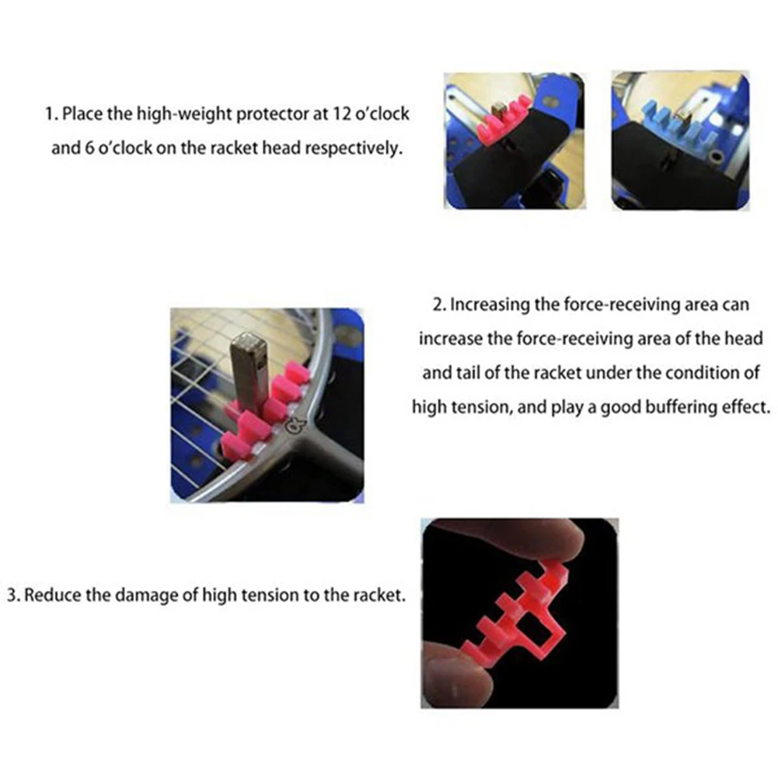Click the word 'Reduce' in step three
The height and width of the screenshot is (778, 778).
coord(51,596)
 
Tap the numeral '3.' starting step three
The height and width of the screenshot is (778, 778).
coord(14,596)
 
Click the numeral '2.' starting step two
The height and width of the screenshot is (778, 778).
coord(438,305)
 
